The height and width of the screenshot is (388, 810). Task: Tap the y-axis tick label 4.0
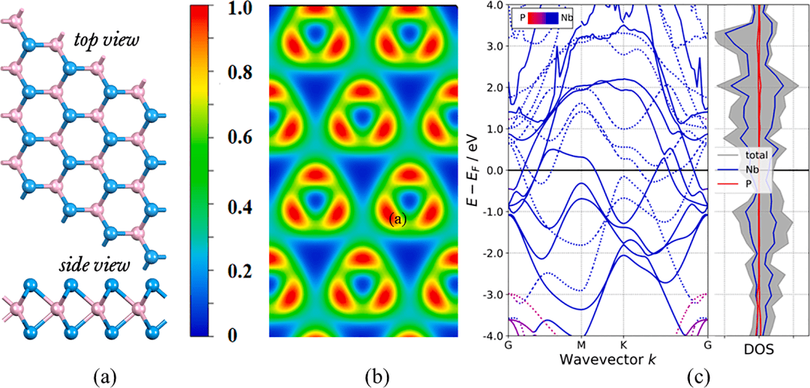click(492, 5)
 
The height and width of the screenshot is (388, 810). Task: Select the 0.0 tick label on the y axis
click(492, 171)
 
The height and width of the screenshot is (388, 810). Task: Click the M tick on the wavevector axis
click(581, 345)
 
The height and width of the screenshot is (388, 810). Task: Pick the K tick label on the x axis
click(622, 345)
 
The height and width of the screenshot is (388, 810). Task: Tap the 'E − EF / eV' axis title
click(472, 170)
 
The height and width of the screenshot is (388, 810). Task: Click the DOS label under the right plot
click(758, 349)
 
